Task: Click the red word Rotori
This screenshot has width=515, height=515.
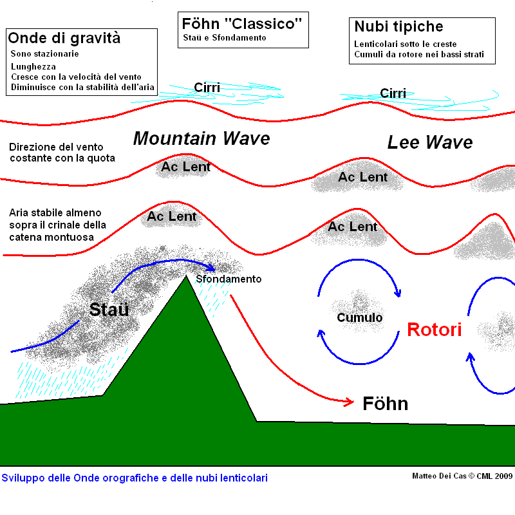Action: coord(434,330)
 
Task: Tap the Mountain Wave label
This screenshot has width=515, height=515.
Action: coord(201,138)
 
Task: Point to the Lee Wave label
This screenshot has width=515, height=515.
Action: coord(430,142)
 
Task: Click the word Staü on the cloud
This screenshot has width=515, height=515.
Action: coord(109,309)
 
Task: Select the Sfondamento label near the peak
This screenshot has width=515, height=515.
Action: coord(229,279)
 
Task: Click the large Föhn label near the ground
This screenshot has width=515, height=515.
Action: coord(385,404)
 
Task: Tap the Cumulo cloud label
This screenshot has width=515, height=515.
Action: coord(360,317)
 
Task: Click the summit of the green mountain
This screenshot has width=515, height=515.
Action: coord(186,276)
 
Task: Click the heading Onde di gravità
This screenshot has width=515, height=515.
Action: coord(64,38)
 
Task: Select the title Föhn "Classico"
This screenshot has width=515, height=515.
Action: coord(242,24)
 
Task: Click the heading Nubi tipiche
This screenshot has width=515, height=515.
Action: coord(398,26)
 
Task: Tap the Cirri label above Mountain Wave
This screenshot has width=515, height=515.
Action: coord(207,88)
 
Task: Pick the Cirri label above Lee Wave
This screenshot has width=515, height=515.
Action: coord(393,93)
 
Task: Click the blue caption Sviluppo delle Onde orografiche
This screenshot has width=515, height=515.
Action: coord(135,478)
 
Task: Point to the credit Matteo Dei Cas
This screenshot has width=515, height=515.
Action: coord(439,476)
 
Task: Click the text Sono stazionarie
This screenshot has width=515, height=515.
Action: coord(44,53)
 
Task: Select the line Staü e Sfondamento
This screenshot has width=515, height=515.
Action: coord(225,38)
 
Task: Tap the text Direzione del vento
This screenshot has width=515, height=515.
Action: coord(56,147)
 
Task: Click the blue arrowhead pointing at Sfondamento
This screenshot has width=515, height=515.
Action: coord(211,267)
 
